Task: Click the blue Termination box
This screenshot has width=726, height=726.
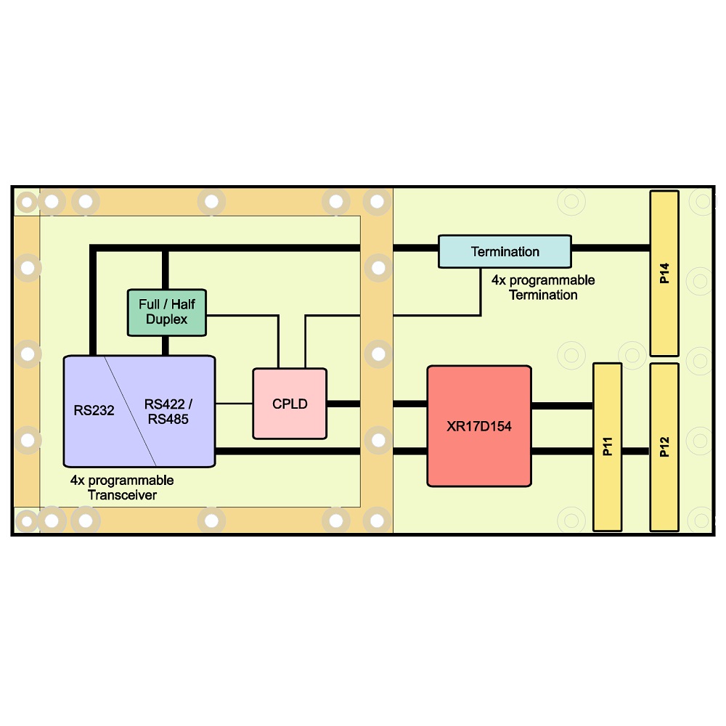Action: (505, 251)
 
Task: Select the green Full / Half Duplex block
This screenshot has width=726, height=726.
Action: (167, 312)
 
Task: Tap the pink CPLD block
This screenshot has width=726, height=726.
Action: (290, 403)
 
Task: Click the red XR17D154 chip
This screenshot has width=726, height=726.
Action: (479, 426)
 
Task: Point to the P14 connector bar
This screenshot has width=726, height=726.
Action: (664, 273)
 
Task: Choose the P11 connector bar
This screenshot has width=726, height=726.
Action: (608, 446)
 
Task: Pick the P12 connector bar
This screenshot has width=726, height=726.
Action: (664, 446)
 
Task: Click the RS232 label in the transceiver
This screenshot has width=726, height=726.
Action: (94, 410)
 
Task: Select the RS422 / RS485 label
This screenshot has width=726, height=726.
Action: (168, 412)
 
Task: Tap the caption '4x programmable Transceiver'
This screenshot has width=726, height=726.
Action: (122, 488)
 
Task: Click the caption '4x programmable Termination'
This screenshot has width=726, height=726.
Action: (543, 287)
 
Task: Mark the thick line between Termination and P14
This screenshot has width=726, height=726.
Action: (611, 248)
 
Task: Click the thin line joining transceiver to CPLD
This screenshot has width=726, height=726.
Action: (234, 404)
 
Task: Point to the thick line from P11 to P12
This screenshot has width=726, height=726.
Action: (636, 451)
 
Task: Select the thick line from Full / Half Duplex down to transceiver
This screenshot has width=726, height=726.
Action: (166, 346)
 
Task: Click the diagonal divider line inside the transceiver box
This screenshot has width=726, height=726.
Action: (130, 411)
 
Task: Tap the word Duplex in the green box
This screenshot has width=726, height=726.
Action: (167, 319)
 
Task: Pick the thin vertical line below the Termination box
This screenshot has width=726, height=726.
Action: (481, 292)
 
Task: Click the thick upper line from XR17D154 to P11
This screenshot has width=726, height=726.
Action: (562, 406)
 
